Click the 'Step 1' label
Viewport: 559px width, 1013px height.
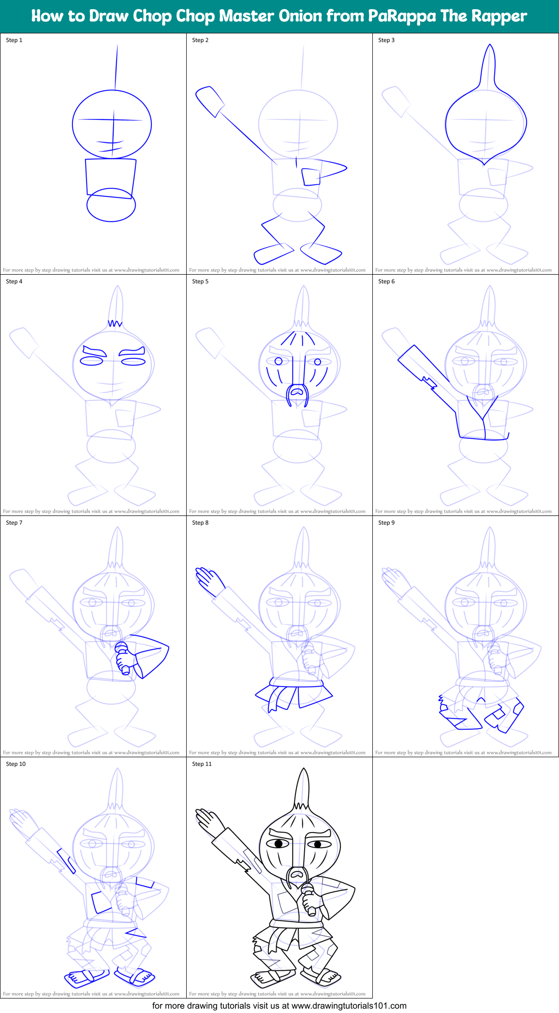(14, 40)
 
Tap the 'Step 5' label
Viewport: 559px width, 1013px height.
(200, 281)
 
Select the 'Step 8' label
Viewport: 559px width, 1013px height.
(200, 523)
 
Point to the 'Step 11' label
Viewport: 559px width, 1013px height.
(202, 764)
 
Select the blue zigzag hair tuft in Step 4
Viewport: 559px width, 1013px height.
(115, 323)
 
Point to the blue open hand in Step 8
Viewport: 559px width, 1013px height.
(208, 578)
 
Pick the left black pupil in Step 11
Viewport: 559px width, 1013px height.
(279, 844)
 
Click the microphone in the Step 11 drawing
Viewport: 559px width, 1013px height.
(309, 899)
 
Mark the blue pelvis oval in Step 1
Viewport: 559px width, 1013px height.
(111, 205)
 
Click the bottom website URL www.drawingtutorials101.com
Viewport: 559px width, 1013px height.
(349, 1006)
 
